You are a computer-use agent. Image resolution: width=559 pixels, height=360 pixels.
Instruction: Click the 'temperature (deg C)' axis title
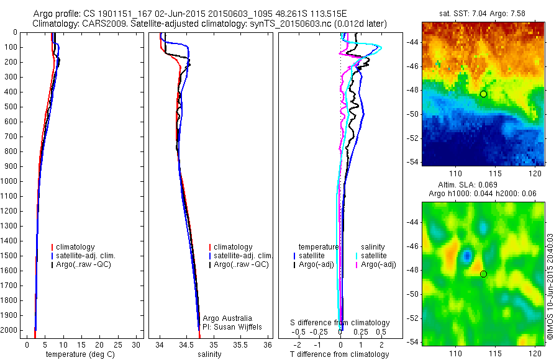79,354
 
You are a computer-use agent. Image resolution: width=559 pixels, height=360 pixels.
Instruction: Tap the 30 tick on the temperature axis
137,344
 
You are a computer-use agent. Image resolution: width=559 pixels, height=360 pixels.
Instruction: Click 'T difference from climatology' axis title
339,354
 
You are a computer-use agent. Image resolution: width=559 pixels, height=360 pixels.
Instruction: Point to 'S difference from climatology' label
340,323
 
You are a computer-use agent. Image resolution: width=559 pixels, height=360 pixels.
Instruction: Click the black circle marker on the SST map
483,94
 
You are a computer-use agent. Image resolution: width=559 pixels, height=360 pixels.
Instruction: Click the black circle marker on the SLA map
483,274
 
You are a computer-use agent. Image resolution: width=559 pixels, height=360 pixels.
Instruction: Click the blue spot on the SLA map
466,255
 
